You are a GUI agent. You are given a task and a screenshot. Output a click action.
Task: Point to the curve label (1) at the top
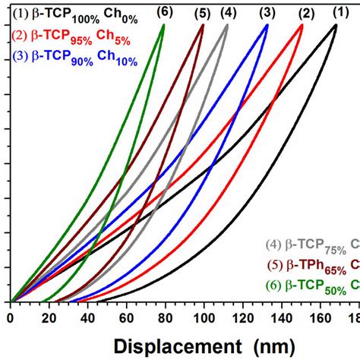(337, 12)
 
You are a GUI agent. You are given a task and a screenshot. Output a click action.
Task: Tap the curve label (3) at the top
(267, 12)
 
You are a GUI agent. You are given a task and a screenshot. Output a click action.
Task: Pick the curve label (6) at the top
(163, 12)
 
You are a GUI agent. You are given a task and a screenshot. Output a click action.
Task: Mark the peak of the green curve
(163, 25)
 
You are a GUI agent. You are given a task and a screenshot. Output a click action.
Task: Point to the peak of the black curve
(336, 25)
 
